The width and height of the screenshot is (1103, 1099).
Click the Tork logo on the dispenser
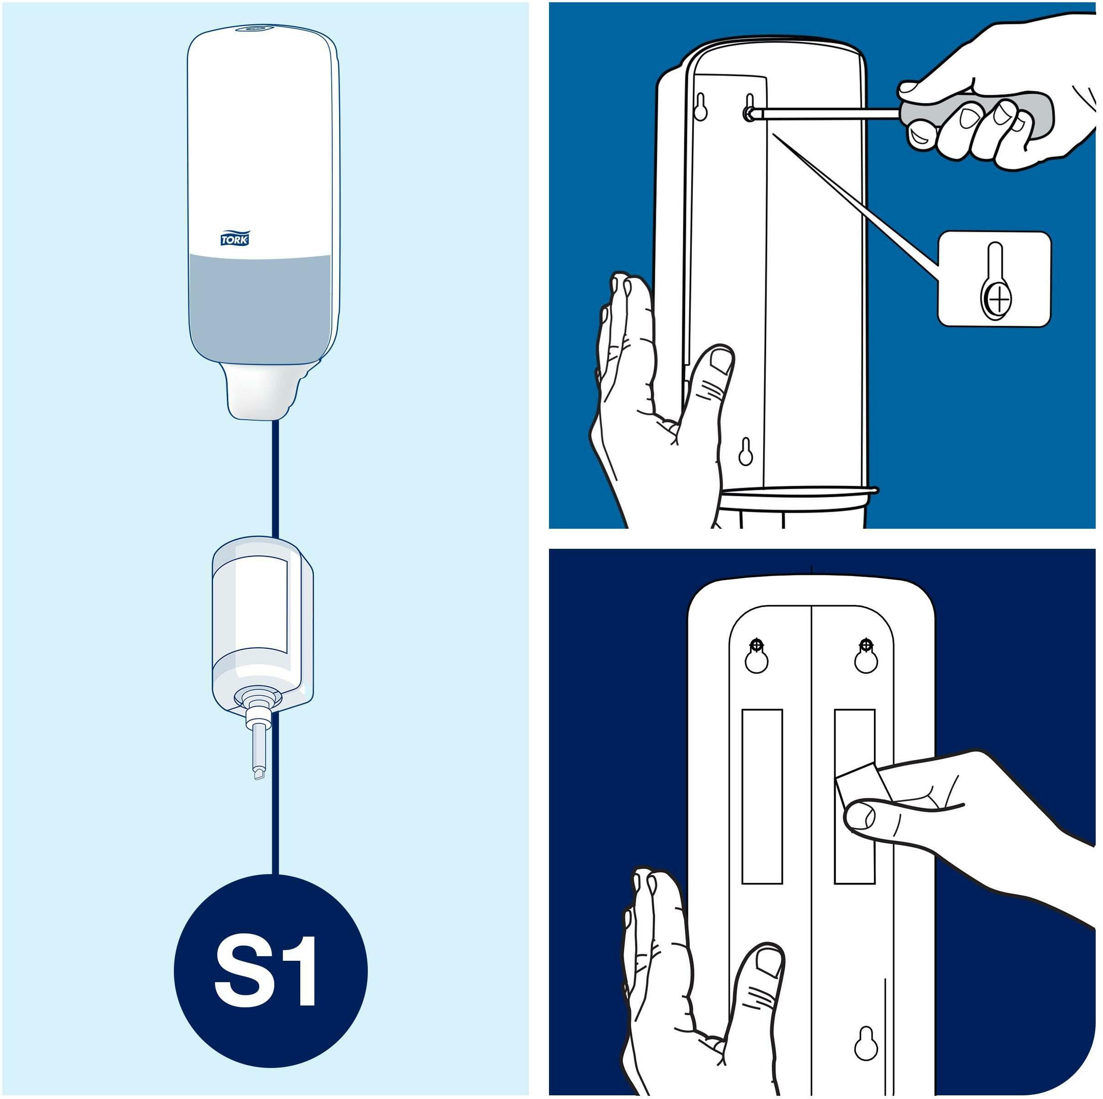235,238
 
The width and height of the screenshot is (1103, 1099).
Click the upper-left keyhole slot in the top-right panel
700,106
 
